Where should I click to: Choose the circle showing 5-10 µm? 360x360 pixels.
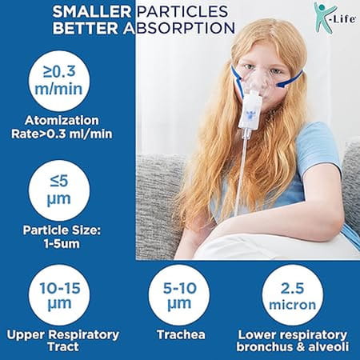(x=178, y=297)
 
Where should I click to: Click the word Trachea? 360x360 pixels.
(x=178, y=335)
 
